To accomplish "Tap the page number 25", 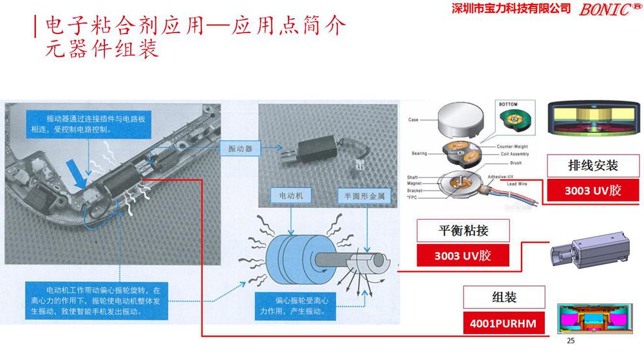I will [x=569, y=340].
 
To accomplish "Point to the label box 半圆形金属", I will [x=364, y=195].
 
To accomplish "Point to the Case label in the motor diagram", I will [x=415, y=120].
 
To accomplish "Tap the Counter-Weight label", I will [x=513, y=146].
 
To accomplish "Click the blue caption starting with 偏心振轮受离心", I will [x=293, y=305].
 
